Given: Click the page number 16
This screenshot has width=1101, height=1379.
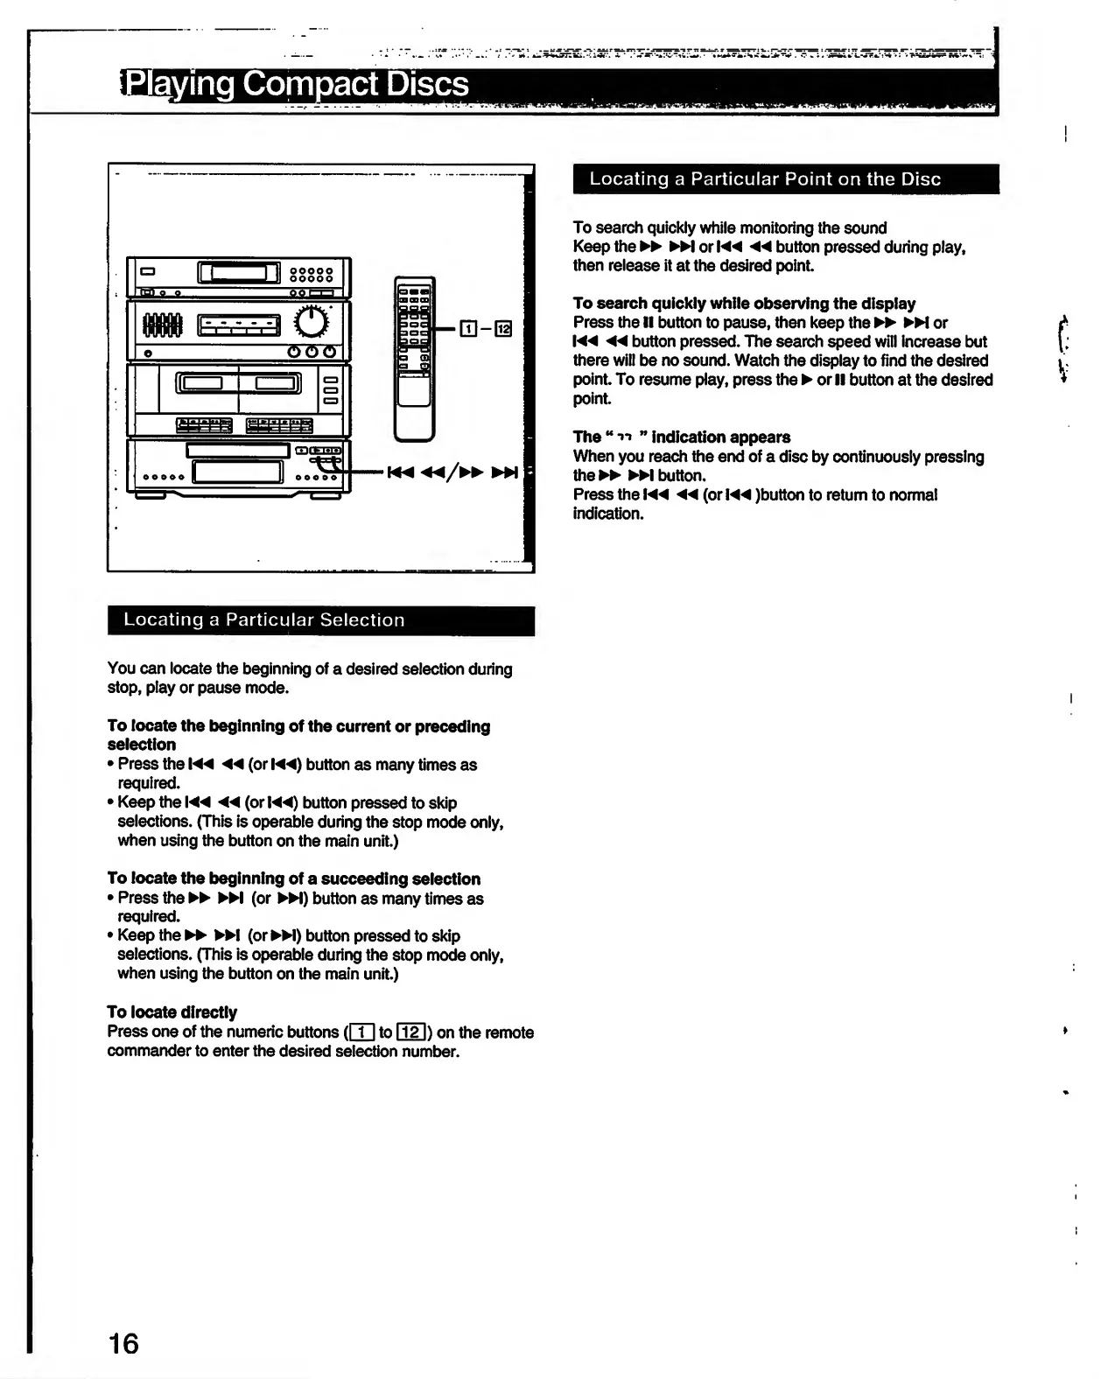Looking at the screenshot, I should pos(123,1343).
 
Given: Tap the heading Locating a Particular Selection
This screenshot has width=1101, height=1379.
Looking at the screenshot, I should pos(264,619).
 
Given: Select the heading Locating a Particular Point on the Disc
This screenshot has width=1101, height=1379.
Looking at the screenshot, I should pos(765,179).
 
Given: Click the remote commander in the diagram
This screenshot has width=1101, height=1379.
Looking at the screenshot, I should pos(414,358).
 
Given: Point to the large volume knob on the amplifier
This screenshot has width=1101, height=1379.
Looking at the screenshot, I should pos(312,323).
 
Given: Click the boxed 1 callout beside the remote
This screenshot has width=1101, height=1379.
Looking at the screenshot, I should pos(468,329).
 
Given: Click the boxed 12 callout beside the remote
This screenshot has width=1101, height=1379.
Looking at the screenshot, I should pos(503,329).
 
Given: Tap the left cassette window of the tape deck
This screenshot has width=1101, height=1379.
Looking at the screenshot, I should pos(200,382).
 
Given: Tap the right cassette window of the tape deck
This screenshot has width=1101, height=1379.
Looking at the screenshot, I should pos(277,382).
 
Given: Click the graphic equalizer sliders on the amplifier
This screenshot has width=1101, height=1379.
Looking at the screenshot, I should pos(162,325).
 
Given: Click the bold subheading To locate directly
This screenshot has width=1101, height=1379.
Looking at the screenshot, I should pos(172,1012).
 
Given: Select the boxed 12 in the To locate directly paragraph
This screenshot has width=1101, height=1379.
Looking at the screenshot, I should pos(411,1032).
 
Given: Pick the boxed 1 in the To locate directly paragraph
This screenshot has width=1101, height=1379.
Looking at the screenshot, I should pos(361,1032).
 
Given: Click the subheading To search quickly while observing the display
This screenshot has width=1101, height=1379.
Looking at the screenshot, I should pos(744,304).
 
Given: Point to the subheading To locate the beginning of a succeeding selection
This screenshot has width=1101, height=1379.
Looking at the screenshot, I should pos(293,878).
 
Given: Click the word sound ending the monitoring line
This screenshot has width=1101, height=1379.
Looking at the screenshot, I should pos(865,228).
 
